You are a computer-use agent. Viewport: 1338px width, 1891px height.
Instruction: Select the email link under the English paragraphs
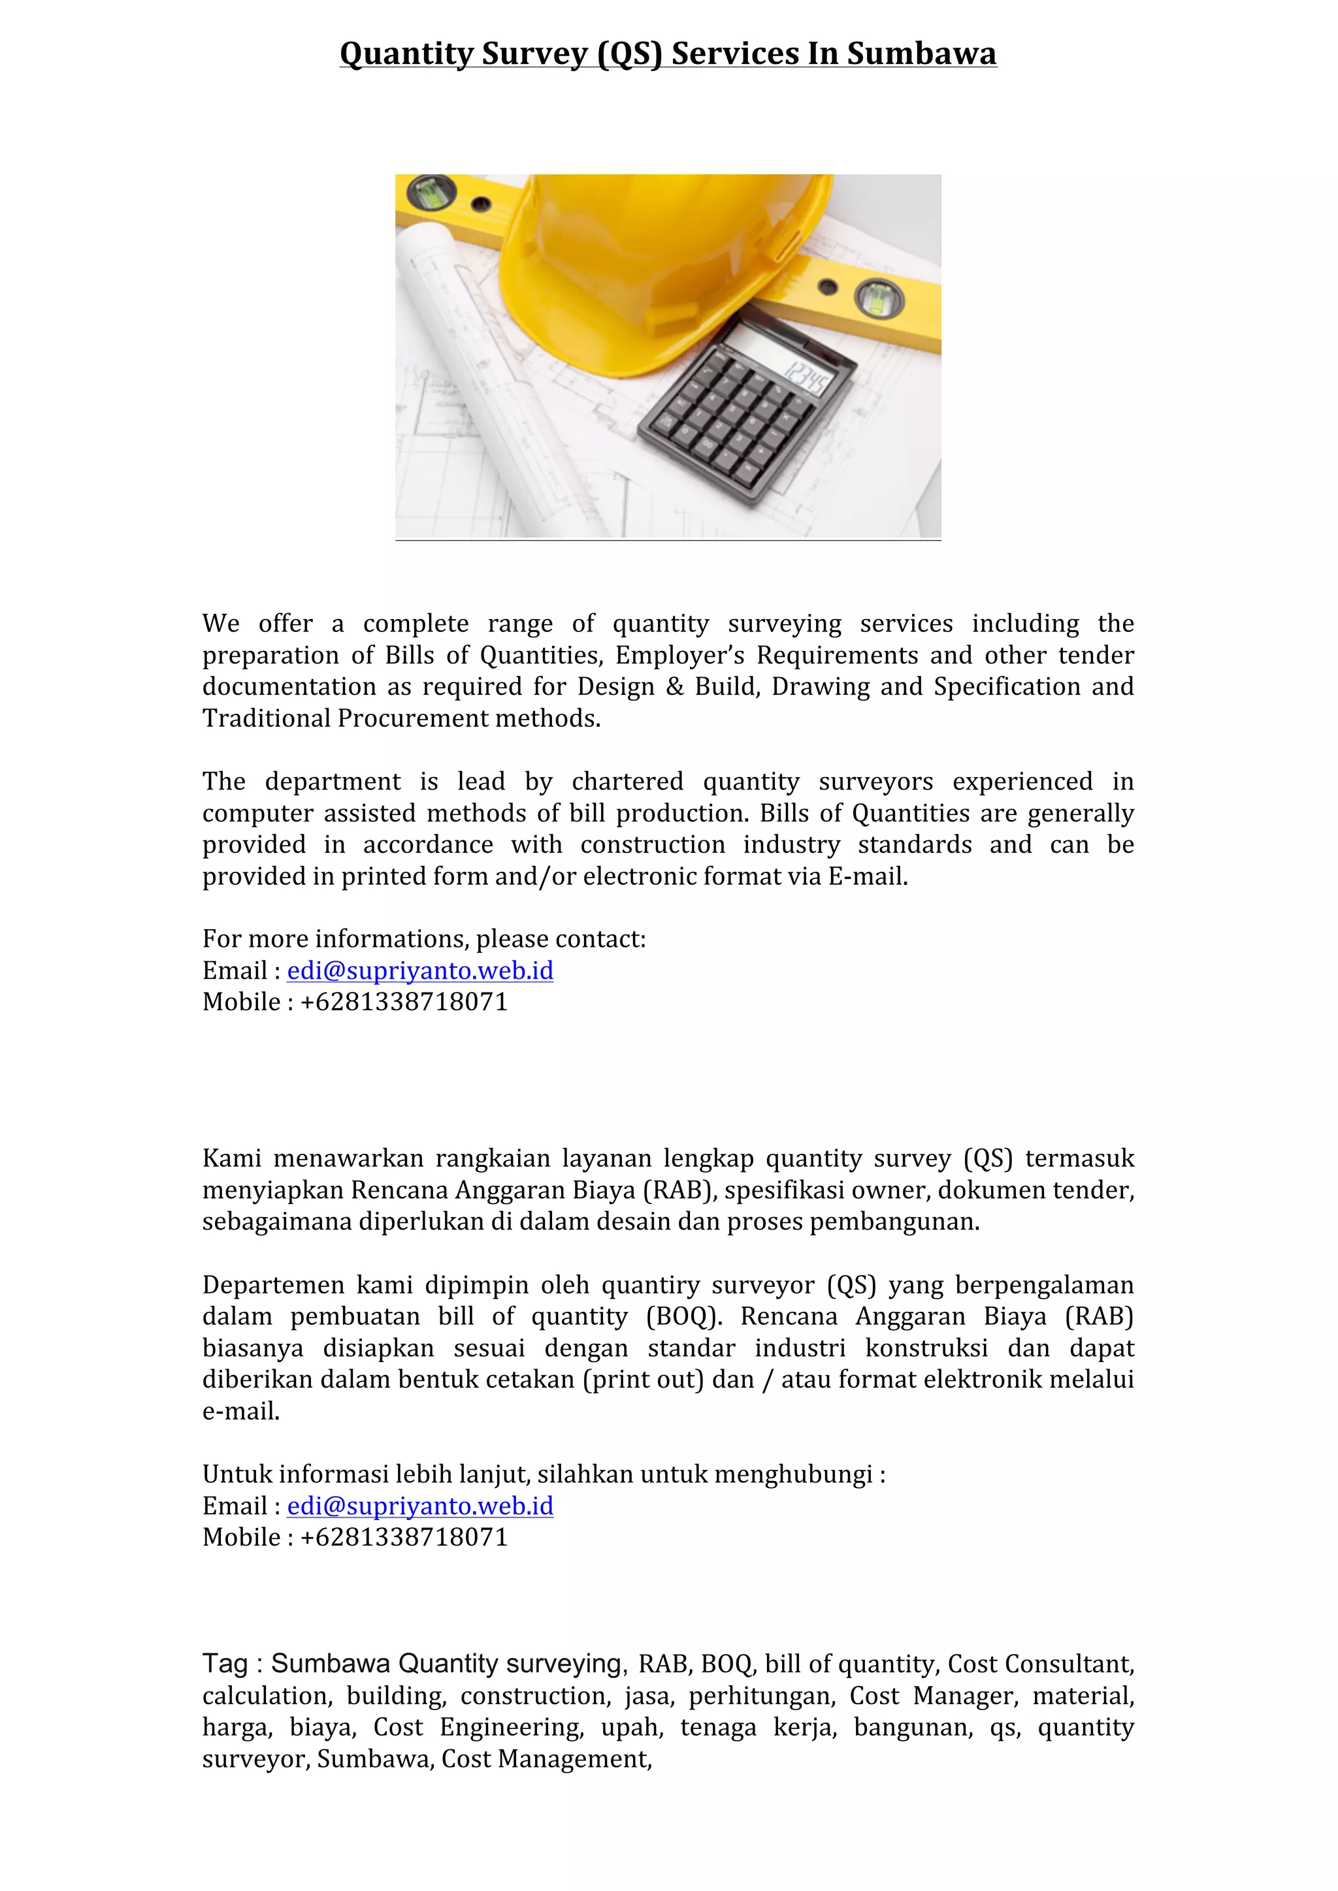click(x=419, y=970)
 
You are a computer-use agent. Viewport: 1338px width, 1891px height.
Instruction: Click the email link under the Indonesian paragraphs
click(x=419, y=1506)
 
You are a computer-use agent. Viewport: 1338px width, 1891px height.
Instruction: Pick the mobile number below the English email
click(x=404, y=1002)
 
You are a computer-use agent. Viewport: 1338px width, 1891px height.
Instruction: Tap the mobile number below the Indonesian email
click(x=404, y=1538)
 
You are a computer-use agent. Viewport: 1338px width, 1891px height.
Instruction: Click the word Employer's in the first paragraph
click(x=679, y=656)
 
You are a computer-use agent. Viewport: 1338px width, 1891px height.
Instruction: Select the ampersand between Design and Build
click(x=675, y=687)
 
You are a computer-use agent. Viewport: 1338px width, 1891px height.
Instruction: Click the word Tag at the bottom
click(x=225, y=1664)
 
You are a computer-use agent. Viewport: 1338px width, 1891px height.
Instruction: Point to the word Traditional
click(x=266, y=719)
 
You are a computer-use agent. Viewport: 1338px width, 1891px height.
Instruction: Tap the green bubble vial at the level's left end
click(x=432, y=191)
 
